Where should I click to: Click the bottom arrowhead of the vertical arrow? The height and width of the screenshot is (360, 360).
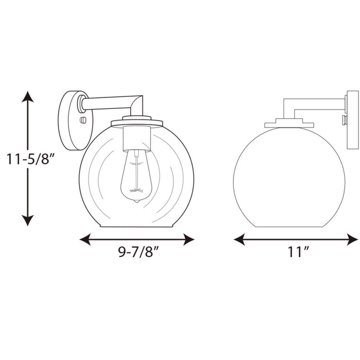28,220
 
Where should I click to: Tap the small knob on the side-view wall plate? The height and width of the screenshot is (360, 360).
344,119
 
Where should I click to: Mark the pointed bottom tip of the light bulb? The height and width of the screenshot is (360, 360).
136,201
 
